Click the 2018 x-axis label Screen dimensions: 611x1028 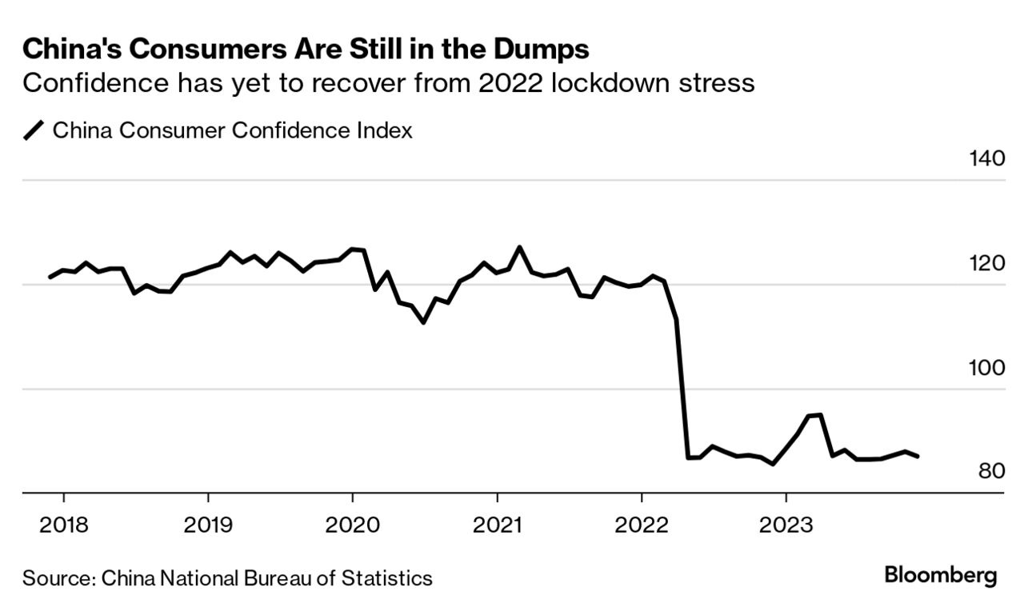tap(63, 525)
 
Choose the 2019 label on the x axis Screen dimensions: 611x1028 tap(208, 525)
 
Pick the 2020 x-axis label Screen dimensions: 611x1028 tap(353, 525)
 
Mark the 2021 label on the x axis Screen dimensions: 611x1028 tap(498, 525)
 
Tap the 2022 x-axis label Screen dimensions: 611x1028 tap(642, 525)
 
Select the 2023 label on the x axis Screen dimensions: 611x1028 tap(787, 525)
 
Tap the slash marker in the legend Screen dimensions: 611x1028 tap(34, 130)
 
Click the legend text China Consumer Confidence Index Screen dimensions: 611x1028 tap(233, 130)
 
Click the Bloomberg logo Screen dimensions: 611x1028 tap(941, 575)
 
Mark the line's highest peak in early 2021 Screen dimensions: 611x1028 tap(520, 247)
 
